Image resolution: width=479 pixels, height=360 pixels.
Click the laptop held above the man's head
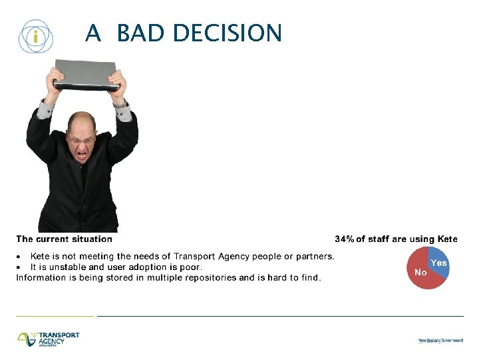point(86,75)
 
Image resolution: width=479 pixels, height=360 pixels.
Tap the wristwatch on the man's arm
point(120,103)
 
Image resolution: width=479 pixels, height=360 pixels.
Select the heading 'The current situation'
point(65,239)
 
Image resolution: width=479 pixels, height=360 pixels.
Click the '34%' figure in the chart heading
point(345,239)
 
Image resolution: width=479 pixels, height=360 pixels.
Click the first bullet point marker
point(20,257)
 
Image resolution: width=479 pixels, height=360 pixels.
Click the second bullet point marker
point(20,267)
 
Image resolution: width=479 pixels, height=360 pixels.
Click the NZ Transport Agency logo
point(49,339)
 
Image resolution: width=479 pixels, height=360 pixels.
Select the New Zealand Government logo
point(440,340)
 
